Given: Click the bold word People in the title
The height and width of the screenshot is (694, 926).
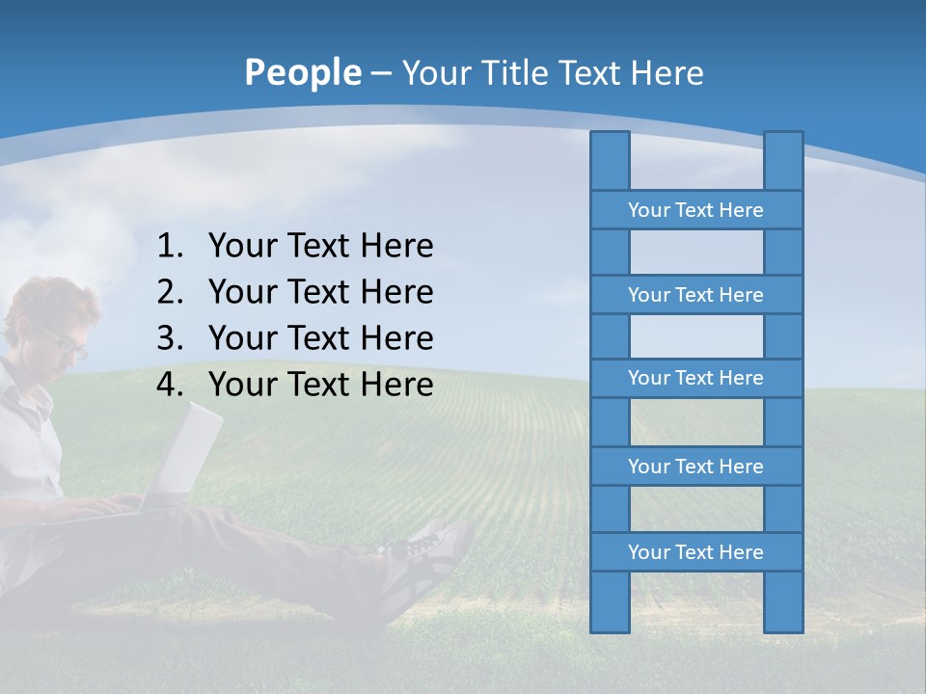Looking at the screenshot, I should (302, 72).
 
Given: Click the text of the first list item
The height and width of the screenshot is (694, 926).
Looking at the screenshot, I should (320, 246).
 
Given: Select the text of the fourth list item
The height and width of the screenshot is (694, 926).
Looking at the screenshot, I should (320, 385).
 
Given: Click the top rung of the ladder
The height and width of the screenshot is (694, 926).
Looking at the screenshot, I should (695, 210).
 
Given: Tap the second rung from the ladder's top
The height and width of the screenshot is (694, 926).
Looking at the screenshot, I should (695, 295).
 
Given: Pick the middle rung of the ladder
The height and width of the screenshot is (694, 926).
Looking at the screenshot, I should (695, 378).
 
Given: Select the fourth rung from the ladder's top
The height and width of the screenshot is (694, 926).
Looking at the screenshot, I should (695, 467).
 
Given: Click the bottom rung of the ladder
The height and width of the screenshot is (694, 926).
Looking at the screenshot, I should (695, 552).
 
